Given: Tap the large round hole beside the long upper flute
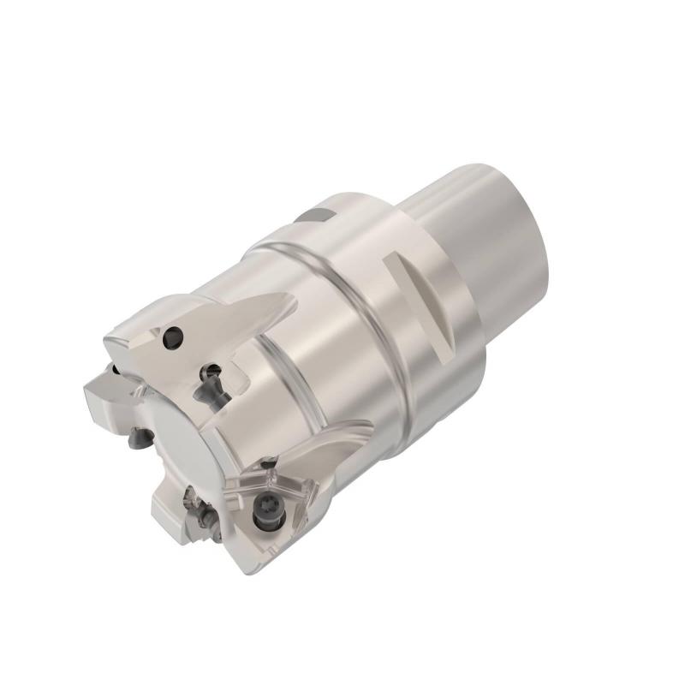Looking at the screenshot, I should point(175,337).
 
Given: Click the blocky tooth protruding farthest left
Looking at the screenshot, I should point(101,396).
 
